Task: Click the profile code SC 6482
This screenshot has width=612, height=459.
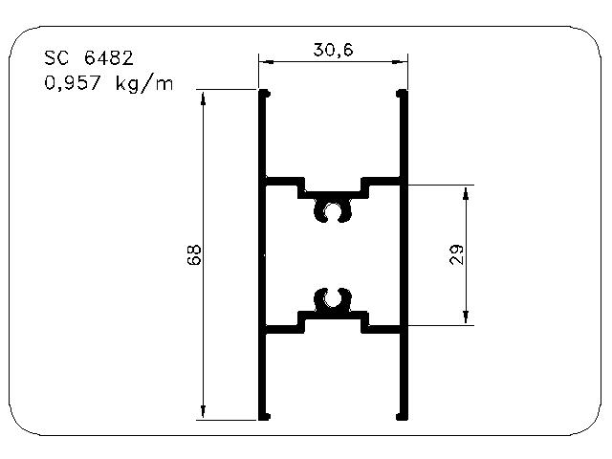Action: [x=89, y=58]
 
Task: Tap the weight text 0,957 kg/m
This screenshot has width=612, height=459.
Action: [x=108, y=84]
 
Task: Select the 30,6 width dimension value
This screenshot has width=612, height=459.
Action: [x=333, y=50]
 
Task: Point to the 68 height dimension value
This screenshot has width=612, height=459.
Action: [x=194, y=255]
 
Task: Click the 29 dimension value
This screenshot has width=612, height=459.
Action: [x=456, y=255]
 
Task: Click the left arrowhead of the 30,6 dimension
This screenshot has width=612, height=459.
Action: [x=266, y=61]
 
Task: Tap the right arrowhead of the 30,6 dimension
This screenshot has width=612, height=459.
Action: [x=401, y=61]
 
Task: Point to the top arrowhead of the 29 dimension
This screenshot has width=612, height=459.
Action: [x=466, y=193]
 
